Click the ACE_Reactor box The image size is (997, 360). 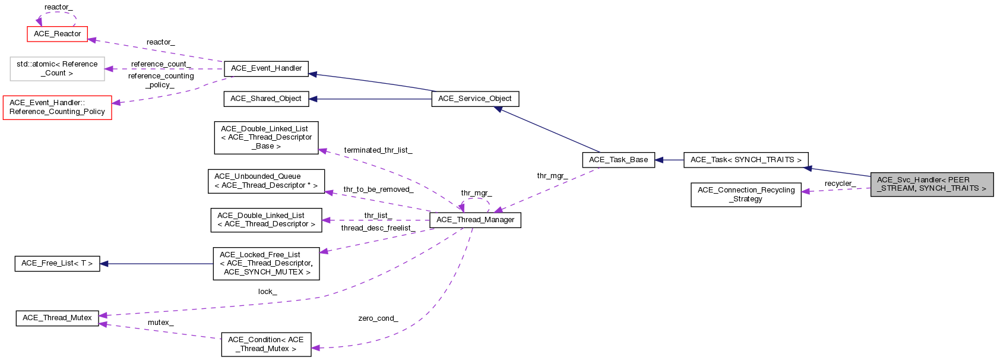(x=58, y=34)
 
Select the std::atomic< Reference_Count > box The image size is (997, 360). (x=58, y=69)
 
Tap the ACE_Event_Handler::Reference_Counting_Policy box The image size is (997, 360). (x=58, y=108)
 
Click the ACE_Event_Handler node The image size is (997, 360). (x=266, y=68)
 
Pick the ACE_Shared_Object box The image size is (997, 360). (x=266, y=99)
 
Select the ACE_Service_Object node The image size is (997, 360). (x=474, y=99)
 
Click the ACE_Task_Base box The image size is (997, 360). (x=618, y=160)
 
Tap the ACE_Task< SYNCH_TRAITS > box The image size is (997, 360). (x=746, y=160)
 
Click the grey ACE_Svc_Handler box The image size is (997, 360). (x=931, y=184)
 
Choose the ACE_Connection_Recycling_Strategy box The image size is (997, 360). (x=746, y=195)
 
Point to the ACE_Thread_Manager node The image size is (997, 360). (x=475, y=220)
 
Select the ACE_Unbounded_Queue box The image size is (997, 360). (x=266, y=181)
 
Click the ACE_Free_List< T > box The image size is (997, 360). (x=57, y=263)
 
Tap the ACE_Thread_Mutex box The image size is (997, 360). (x=57, y=318)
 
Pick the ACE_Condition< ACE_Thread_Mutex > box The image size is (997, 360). (x=266, y=345)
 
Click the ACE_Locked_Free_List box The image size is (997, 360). (x=266, y=263)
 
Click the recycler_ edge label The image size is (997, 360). (x=840, y=184)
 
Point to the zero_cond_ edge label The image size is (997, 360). (x=378, y=318)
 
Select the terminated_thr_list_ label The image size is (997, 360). (x=378, y=150)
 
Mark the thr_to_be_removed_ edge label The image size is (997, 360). (x=378, y=190)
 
